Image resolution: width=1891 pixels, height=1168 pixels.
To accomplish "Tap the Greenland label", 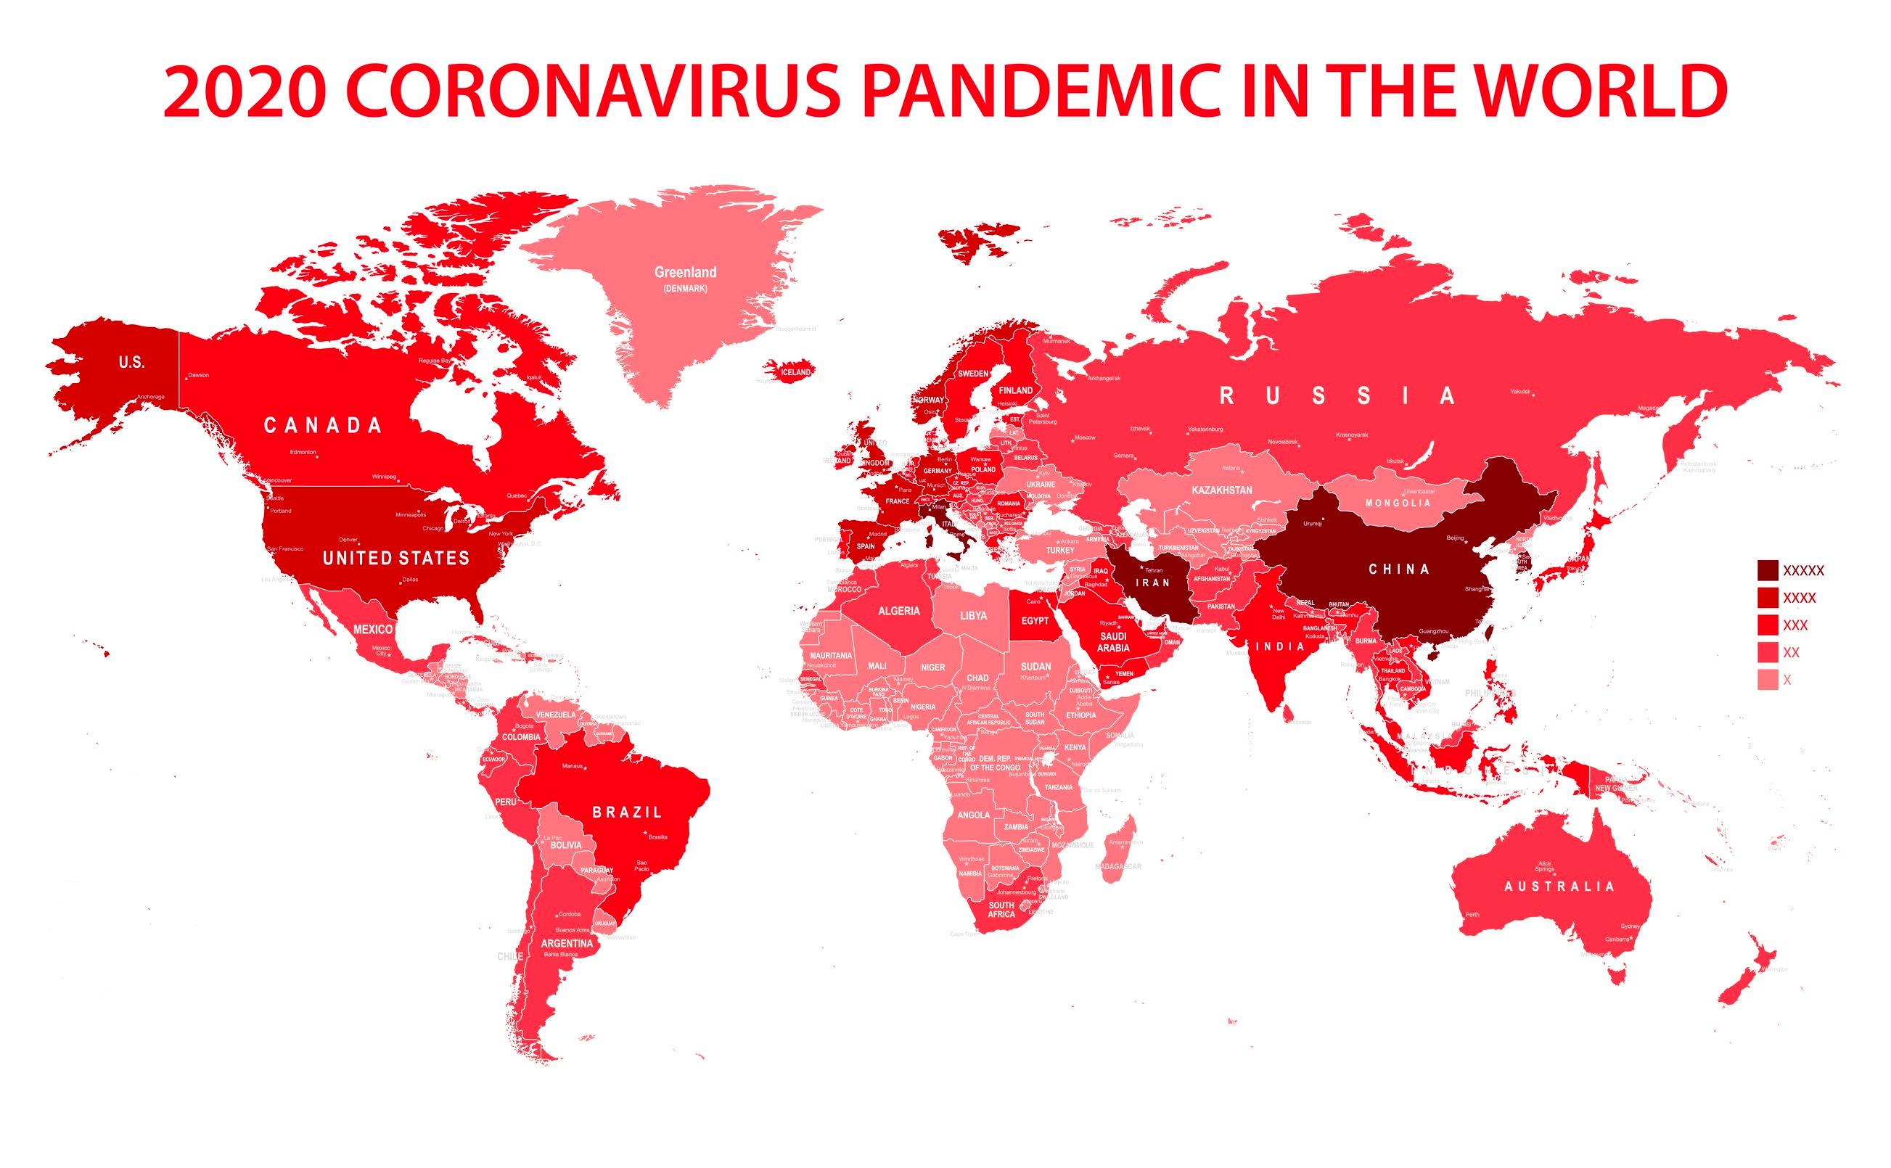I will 685,273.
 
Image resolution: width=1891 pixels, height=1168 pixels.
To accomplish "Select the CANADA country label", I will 323,425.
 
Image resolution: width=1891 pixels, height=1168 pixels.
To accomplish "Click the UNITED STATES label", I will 395,558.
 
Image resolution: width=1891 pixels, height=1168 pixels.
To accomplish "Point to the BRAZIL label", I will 627,812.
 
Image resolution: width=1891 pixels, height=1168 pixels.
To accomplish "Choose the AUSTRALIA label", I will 1559,886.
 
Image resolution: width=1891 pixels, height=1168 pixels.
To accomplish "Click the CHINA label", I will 1399,569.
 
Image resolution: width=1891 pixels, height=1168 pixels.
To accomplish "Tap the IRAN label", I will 1152,583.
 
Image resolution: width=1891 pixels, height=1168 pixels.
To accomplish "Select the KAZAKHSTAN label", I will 1222,490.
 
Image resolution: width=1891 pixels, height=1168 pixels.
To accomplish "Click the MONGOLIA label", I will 1398,503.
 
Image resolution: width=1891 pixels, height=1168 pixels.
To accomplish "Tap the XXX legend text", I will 1795,625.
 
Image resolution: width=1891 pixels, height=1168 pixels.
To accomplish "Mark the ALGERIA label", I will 898,611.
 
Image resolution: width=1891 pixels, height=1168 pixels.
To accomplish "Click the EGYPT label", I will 1034,621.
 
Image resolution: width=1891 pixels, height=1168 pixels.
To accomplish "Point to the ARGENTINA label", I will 567,943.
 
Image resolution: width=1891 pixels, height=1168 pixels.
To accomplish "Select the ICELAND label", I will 795,372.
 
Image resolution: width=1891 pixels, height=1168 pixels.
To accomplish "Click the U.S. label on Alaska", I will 131,362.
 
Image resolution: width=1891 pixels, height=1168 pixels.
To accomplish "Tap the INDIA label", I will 1279,646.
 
